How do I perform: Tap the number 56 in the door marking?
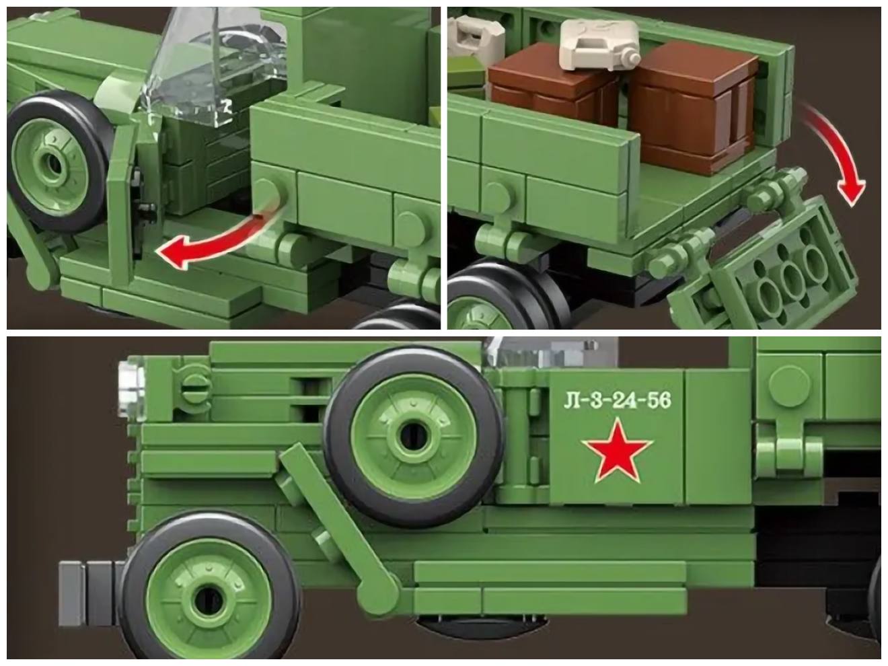pyautogui.click(x=659, y=400)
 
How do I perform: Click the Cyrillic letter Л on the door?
pyautogui.click(x=571, y=401)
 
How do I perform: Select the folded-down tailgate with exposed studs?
pyautogui.click(x=765, y=267)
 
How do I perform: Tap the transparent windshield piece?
pyautogui.click(x=215, y=65)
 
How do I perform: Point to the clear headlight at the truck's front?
pyautogui.click(x=131, y=389)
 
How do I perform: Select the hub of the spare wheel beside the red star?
pyautogui.click(x=412, y=437)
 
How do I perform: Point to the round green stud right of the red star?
pyautogui.click(x=790, y=385)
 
